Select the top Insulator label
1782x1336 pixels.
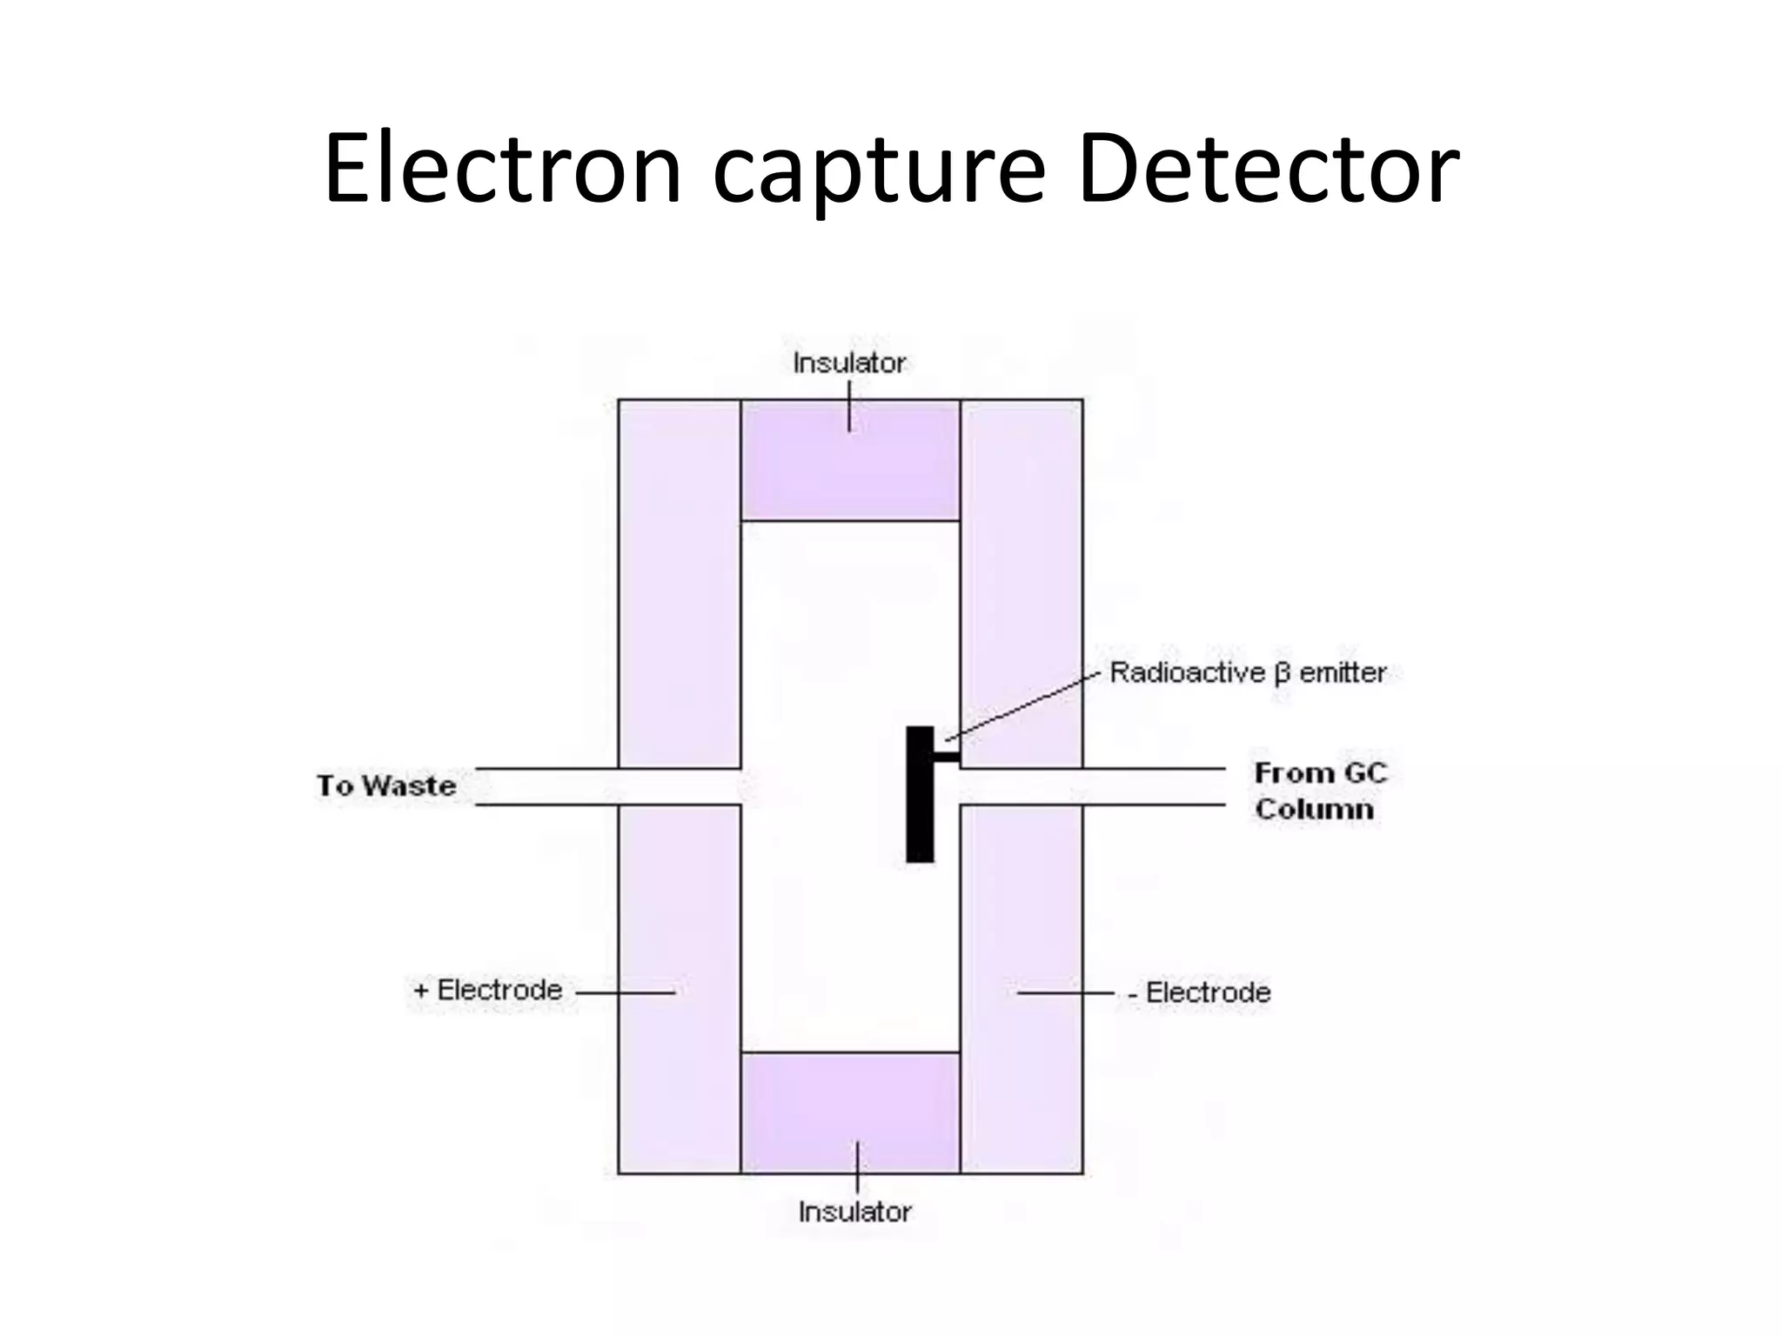pyautogui.click(x=849, y=363)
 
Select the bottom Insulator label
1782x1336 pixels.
pyautogui.click(x=854, y=1212)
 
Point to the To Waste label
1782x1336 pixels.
pyautogui.click(x=386, y=785)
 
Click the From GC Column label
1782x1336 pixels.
pyautogui.click(x=1319, y=791)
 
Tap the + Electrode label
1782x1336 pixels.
pyautogui.click(x=488, y=990)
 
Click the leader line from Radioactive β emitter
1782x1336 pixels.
pyautogui.click(x=1022, y=706)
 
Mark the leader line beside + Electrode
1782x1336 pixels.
pyautogui.click(x=625, y=992)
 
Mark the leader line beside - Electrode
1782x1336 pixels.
pyautogui.click(x=1065, y=992)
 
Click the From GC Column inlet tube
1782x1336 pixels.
pyautogui.click(x=1131, y=787)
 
